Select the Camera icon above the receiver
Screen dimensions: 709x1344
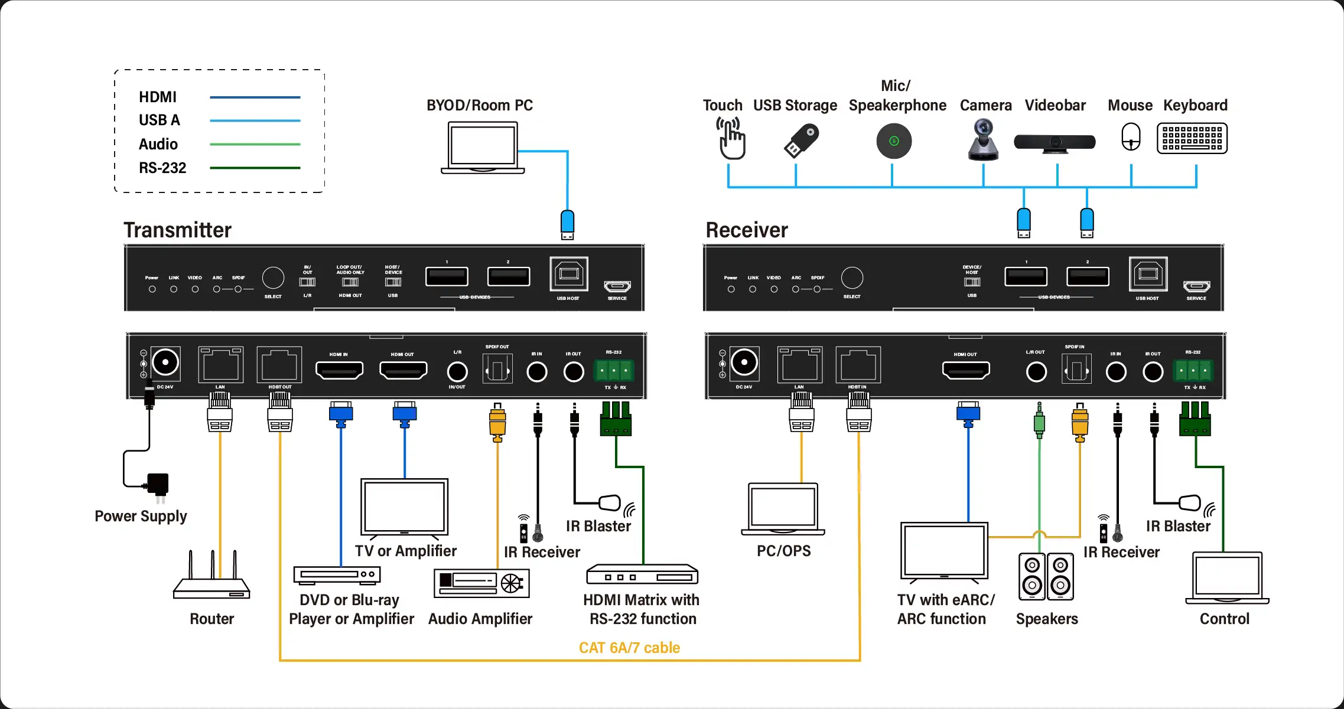(x=983, y=140)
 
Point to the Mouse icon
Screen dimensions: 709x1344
(x=1131, y=137)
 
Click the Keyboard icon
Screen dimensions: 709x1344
(x=1192, y=138)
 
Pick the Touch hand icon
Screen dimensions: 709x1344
(x=731, y=139)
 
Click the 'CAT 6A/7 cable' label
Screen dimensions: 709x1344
(x=629, y=648)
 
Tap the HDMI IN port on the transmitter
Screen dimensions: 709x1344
(x=339, y=371)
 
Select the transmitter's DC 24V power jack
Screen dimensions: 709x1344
(x=165, y=362)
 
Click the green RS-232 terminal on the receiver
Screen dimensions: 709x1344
(x=1193, y=371)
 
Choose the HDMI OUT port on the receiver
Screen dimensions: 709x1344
(x=965, y=371)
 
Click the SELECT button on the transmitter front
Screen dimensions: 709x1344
(x=273, y=277)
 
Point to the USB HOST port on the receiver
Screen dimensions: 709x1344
(x=1148, y=274)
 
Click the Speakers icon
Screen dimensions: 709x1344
(x=1046, y=576)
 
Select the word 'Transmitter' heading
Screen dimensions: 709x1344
(x=177, y=230)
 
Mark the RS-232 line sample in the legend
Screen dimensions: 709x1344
(x=255, y=168)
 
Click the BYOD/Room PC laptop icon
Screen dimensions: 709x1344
(x=483, y=148)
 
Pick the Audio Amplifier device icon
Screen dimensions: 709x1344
(x=481, y=583)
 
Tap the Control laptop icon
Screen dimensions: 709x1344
(x=1227, y=578)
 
